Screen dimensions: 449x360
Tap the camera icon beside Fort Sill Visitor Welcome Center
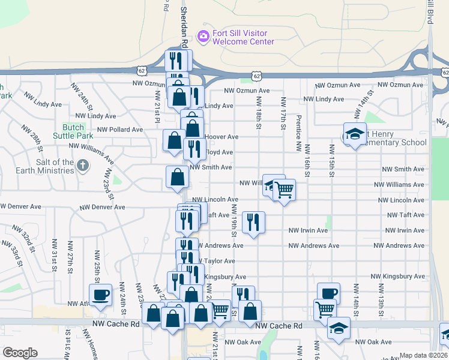[203, 37]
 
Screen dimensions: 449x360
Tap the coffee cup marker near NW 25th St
[100, 294]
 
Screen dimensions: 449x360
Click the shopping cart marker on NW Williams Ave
[285, 190]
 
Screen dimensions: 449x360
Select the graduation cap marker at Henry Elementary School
[355, 133]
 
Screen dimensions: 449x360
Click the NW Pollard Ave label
[120, 129]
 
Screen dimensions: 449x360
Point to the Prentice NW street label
[297, 133]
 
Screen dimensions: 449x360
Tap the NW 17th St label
[282, 117]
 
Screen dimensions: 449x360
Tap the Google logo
[20, 353]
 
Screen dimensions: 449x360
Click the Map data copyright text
[423, 355]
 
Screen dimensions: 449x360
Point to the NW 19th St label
[234, 220]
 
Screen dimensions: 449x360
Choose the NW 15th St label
[331, 160]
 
